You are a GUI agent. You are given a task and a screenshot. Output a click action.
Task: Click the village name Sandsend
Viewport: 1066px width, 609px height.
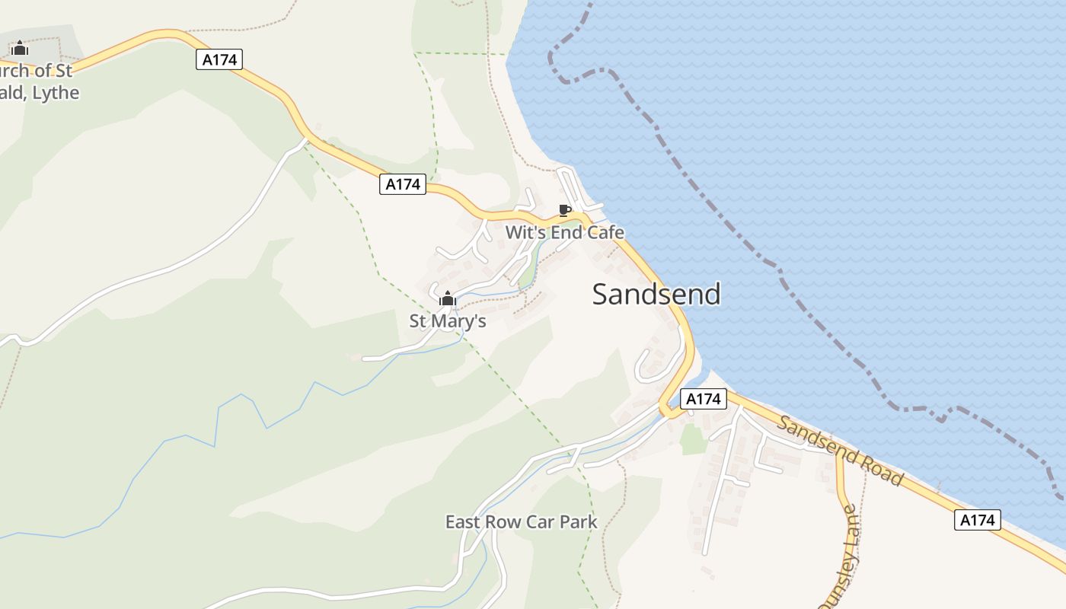click(x=656, y=294)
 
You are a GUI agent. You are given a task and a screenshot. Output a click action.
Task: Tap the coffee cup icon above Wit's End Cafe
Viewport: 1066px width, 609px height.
click(x=564, y=210)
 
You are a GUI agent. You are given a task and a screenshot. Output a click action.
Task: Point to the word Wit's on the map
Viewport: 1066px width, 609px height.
click(x=523, y=233)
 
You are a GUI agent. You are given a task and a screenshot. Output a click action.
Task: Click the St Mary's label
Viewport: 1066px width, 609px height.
click(x=448, y=321)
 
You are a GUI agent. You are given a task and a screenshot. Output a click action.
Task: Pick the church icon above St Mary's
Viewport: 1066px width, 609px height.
click(x=448, y=298)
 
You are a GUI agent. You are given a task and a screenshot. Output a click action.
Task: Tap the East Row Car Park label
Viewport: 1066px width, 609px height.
click(x=522, y=522)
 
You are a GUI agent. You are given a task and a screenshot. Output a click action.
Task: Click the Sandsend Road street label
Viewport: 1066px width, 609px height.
click(x=841, y=452)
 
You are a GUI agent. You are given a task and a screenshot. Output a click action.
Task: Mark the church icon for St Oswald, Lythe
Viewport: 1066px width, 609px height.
click(x=20, y=49)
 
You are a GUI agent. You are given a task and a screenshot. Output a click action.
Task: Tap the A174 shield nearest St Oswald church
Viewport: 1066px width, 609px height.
click(x=219, y=59)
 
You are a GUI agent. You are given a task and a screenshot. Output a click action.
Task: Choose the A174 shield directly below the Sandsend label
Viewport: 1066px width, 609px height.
click(x=703, y=399)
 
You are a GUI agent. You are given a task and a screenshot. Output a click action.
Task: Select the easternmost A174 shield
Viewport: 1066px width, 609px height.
click(x=977, y=520)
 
